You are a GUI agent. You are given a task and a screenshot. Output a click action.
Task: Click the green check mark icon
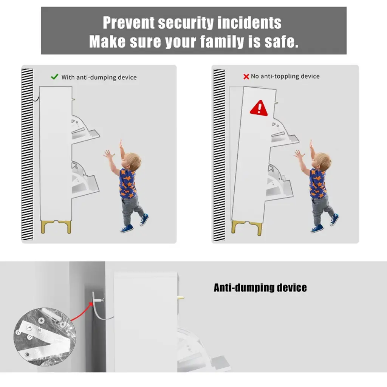54,77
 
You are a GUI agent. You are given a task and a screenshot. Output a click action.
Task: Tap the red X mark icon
246,76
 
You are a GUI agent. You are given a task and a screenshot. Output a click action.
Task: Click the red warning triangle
259,108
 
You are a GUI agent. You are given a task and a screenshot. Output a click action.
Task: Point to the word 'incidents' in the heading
249,23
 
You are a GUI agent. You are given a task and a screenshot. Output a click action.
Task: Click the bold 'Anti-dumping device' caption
260,288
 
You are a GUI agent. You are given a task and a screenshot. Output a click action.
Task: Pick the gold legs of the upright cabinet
56,227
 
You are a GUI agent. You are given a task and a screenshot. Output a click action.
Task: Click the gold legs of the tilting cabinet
246,228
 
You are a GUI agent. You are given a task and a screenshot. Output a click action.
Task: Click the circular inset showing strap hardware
45,336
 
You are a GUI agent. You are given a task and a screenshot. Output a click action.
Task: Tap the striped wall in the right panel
219,155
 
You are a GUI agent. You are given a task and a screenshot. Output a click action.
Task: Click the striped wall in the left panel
27,154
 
